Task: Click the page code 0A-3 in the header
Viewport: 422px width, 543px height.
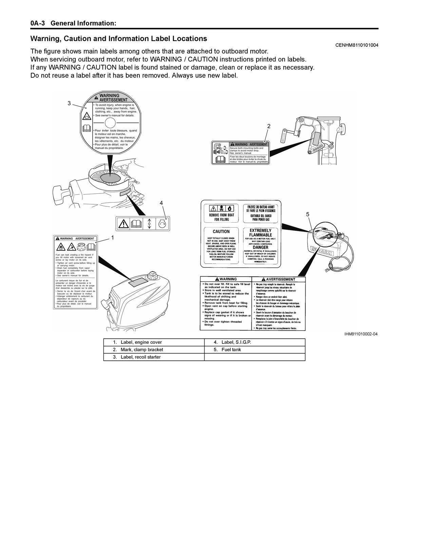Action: click(x=40, y=23)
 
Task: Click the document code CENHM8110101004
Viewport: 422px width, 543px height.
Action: click(x=357, y=45)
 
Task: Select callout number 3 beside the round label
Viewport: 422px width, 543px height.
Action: click(x=69, y=103)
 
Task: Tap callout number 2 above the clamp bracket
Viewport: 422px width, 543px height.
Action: click(x=269, y=126)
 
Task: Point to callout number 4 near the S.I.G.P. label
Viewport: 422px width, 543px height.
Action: click(x=161, y=203)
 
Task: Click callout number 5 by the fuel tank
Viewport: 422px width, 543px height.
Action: click(x=308, y=214)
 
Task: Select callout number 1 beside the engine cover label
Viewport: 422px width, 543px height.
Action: click(x=113, y=238)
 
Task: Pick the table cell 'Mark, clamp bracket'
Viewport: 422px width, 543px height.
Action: click(x=142, y=350)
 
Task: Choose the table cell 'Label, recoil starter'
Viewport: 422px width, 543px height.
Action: click(x=141, y=357)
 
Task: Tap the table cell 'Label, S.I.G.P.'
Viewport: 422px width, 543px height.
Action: click(x=236, y=342)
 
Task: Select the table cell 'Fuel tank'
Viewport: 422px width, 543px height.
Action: click(x=231, y=350)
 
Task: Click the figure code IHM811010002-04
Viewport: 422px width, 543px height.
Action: click(x=361, y=334)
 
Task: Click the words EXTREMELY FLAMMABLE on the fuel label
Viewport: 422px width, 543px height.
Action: click(x=261, y=232)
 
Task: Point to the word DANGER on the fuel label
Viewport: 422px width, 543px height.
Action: click(x=261, y=247)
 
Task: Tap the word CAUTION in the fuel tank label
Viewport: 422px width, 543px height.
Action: click(x=221, y=231)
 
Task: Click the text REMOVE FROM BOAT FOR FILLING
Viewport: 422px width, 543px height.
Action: click(x=222, y=217)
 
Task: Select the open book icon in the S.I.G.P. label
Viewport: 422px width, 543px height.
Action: click(x=136, y=224)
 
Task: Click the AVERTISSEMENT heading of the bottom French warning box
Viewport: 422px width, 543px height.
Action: click(x=280, y=279)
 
